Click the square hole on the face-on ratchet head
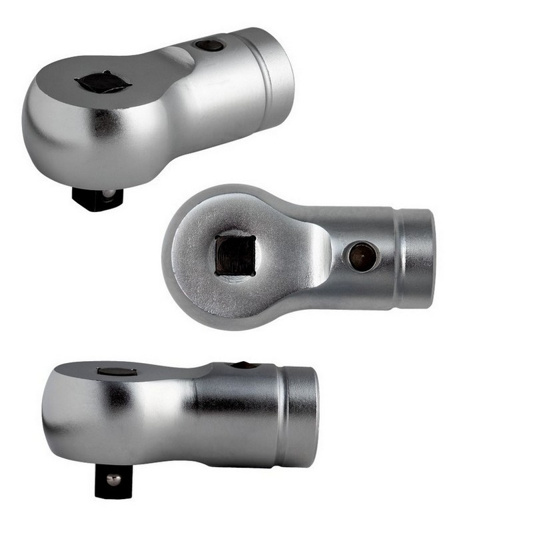pos(235,255)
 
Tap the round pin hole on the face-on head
pos(362,257)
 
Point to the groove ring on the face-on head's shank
pos(398,259)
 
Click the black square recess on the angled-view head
pos(103,82)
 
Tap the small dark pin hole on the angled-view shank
pos(209,45)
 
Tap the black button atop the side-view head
pos(117,371)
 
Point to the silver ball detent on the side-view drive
pos(114,479)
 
